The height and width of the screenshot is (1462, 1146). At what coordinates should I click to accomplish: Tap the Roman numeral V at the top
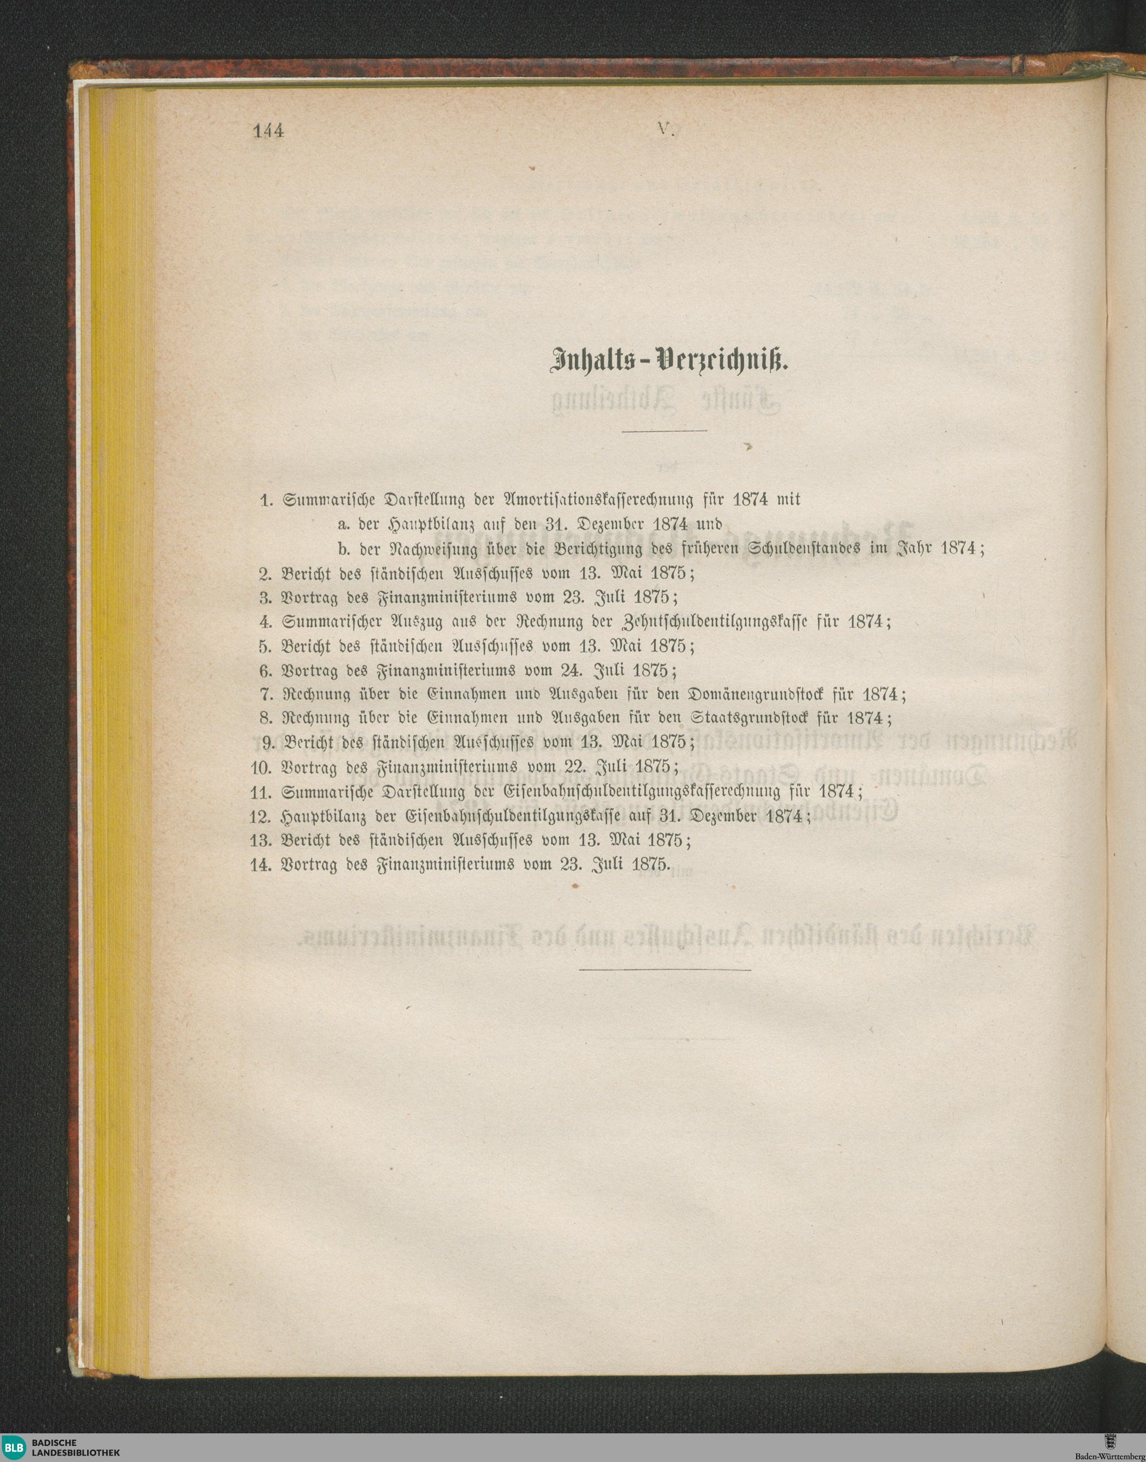(x=665, y=130)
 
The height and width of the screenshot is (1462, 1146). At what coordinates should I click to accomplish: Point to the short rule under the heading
(x=664, y=430)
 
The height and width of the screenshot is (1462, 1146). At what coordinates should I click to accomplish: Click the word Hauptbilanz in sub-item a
(x=427, y=524)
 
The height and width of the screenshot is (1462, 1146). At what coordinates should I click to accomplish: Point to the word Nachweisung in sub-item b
(x=433, y=549)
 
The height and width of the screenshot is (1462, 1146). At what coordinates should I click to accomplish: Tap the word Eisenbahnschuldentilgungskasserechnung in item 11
(x=641, y=792)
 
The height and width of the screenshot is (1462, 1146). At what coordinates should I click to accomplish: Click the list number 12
(x=260, y=817)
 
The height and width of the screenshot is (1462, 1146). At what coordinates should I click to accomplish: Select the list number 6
(x=265, y=671)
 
